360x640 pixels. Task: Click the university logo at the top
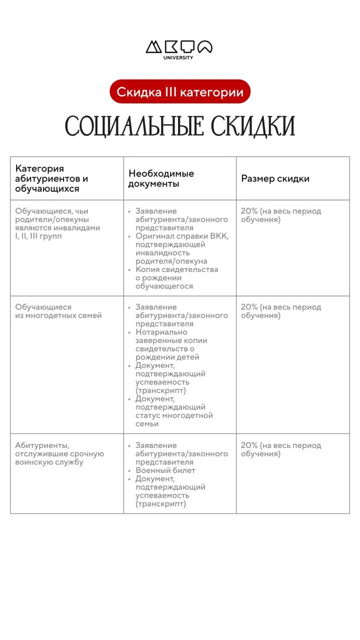179,47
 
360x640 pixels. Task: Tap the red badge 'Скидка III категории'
180,92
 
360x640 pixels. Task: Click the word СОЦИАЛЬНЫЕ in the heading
134,126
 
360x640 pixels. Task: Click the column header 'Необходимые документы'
161,178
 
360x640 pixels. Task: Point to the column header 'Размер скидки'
275,178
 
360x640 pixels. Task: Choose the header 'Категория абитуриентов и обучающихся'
51,178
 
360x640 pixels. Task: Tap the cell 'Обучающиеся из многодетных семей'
58,311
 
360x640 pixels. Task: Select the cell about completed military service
59,453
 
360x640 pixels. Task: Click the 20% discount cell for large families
280,311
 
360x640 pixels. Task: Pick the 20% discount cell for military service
280,449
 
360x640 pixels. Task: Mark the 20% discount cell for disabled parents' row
280,215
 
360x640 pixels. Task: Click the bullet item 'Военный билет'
165,470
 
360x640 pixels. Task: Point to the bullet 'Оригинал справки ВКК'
181,248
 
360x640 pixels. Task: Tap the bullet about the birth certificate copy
176,277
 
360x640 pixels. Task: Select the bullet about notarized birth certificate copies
171,344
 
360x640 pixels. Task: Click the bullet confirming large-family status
173,411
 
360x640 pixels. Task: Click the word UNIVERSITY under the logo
178,57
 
